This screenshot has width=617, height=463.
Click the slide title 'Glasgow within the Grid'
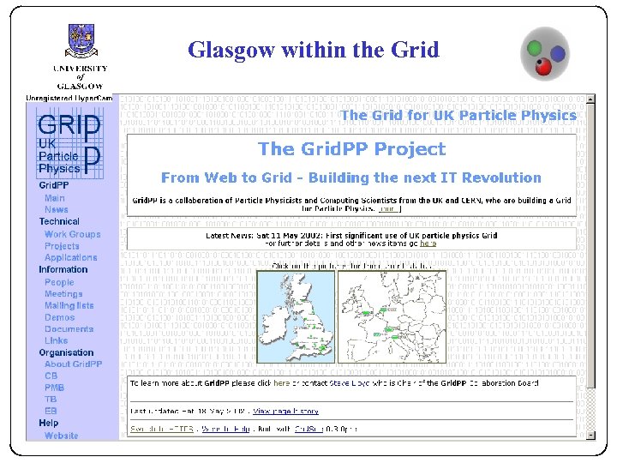pos(313,50)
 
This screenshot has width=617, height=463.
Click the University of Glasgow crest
pos(81,40)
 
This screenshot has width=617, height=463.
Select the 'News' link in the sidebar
pos(57,209)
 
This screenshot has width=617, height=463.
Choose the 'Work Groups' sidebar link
pos(72,234)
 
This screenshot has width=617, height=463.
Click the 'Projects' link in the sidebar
pos(62,246)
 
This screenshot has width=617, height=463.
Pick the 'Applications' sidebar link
pos(70,257)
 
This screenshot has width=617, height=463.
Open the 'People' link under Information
pos(59,282)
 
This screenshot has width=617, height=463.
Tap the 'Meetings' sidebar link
pos(63,294)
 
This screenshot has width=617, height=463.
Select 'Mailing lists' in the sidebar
pos(69,305)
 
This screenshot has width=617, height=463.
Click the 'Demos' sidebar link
pos(59,317)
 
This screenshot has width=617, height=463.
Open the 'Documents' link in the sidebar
pos(69,329)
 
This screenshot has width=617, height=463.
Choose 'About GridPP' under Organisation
pos(73,364)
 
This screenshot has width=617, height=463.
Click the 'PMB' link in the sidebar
pos(54,388)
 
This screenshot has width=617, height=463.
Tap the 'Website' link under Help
pos(61,436)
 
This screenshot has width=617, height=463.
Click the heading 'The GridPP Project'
pos(351,149)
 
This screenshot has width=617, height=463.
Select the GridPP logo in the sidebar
pos(69,146)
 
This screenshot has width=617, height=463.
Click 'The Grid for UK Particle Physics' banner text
pos(458,115)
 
